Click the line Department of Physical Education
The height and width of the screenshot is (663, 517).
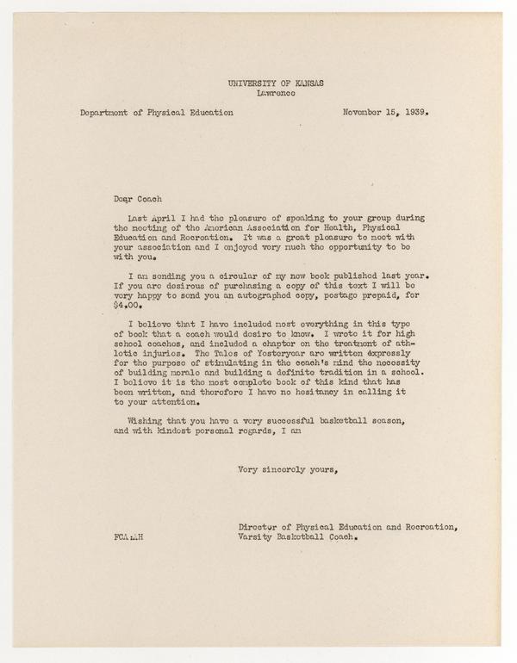click(x=155, y=111)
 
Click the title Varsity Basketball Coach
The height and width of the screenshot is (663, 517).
click(x=297, y=536)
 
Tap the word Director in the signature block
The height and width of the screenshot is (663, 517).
click(x=258, y=526)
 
